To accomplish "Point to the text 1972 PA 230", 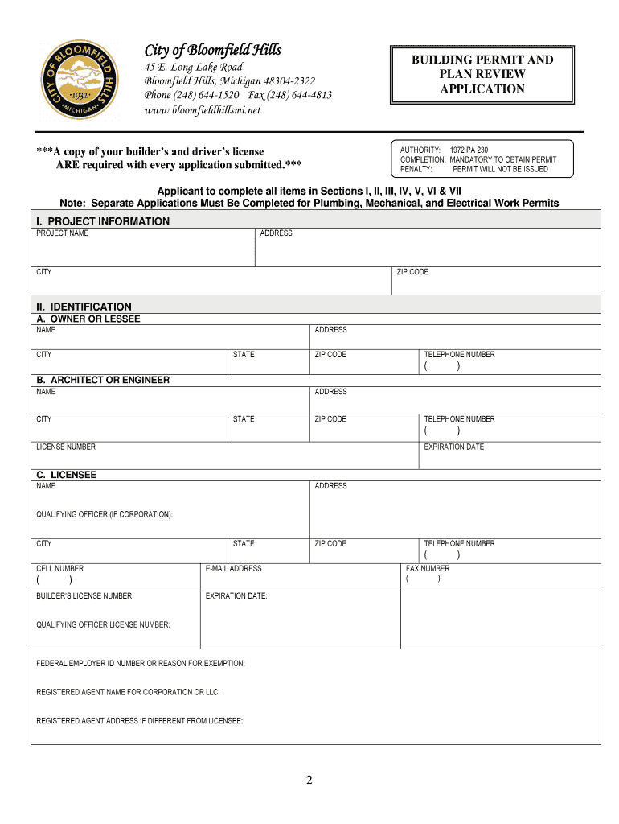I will (x=469, y=150).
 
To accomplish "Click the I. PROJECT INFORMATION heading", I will (x=103, y=221).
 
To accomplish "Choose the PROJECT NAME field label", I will (x=63, y=233).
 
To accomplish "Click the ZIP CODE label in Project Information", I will (x=412, y=272).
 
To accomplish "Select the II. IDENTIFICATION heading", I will (x=84, y=307).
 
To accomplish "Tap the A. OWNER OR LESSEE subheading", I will (x=88, y=319).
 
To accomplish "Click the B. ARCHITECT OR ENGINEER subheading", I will (x=103, y=380).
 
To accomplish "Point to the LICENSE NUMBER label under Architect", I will (x=66, y=447).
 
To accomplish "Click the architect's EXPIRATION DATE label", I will (x=454, y=447).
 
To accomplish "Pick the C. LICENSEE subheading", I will (x=67, y=475).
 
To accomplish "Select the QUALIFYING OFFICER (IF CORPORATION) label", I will (x=105, y=514).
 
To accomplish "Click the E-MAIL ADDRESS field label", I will (x=234, y=568).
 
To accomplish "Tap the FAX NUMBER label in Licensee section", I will (x=428, y=568).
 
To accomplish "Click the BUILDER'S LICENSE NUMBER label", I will (x=85, y=596).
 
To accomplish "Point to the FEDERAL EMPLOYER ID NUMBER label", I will (x=141, y=664).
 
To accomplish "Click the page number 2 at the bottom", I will (x=309, y=780).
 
